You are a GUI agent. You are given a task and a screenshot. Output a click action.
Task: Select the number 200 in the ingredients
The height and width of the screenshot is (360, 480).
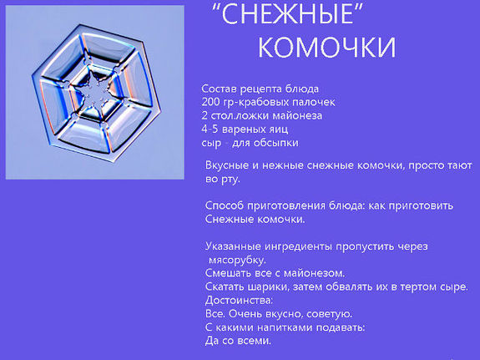pos(211,102)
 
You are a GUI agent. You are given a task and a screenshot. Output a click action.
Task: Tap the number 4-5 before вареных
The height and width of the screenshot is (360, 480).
pos(211,129)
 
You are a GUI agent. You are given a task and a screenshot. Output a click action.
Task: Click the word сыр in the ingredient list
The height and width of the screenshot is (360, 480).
pos(211,143)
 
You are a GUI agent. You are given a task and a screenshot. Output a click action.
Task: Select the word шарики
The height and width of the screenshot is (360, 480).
pos(265,286)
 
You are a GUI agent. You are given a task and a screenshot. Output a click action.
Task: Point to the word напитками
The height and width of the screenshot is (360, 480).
pos(289,327)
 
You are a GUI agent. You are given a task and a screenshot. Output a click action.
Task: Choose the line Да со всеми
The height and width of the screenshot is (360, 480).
pos(239,340)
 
